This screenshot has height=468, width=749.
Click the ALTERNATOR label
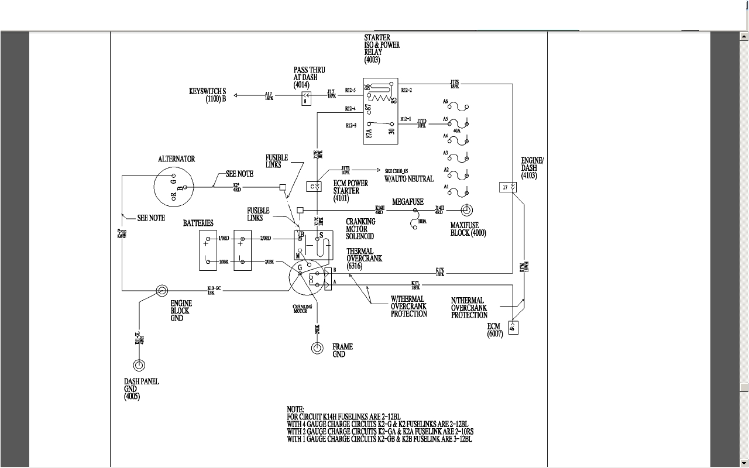pos(176,159)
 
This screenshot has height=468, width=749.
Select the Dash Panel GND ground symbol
pos(139,366)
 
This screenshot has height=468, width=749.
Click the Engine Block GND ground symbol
pos(162,290)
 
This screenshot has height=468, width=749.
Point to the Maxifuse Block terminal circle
pos(466,209)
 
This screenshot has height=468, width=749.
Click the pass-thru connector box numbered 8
pos(305,101)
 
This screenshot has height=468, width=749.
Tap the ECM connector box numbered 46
pos(513,328)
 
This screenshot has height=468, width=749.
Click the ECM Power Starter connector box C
pos(314,187)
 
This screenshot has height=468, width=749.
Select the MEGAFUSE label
pos(408,202)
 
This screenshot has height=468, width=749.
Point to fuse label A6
pos(445,101)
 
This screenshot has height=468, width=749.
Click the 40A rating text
pos(456,131)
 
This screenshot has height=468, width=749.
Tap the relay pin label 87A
pos(369,134)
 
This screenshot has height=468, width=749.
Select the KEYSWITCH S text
pos(207,92)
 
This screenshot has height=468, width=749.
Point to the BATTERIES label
pos(198,223)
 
